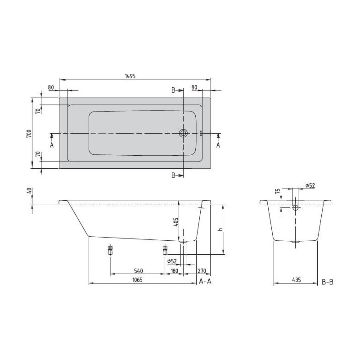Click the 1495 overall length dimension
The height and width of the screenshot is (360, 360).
(x=130, y=76)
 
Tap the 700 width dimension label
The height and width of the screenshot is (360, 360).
(x=29, y=133)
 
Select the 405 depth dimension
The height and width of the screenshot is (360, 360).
(x=175, y=222)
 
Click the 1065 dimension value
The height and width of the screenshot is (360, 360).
(x=138, y=280)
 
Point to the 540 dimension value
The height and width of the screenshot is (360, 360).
(x=139, y=271)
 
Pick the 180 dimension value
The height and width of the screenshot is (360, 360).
(x=175, y=271)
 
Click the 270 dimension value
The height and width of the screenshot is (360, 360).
(x=202, y=271)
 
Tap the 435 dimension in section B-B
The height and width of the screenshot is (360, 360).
(x=297, y=280)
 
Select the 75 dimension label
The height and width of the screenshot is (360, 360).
(x=278, y=191)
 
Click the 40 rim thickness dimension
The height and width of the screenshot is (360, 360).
(x=29, y=190)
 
